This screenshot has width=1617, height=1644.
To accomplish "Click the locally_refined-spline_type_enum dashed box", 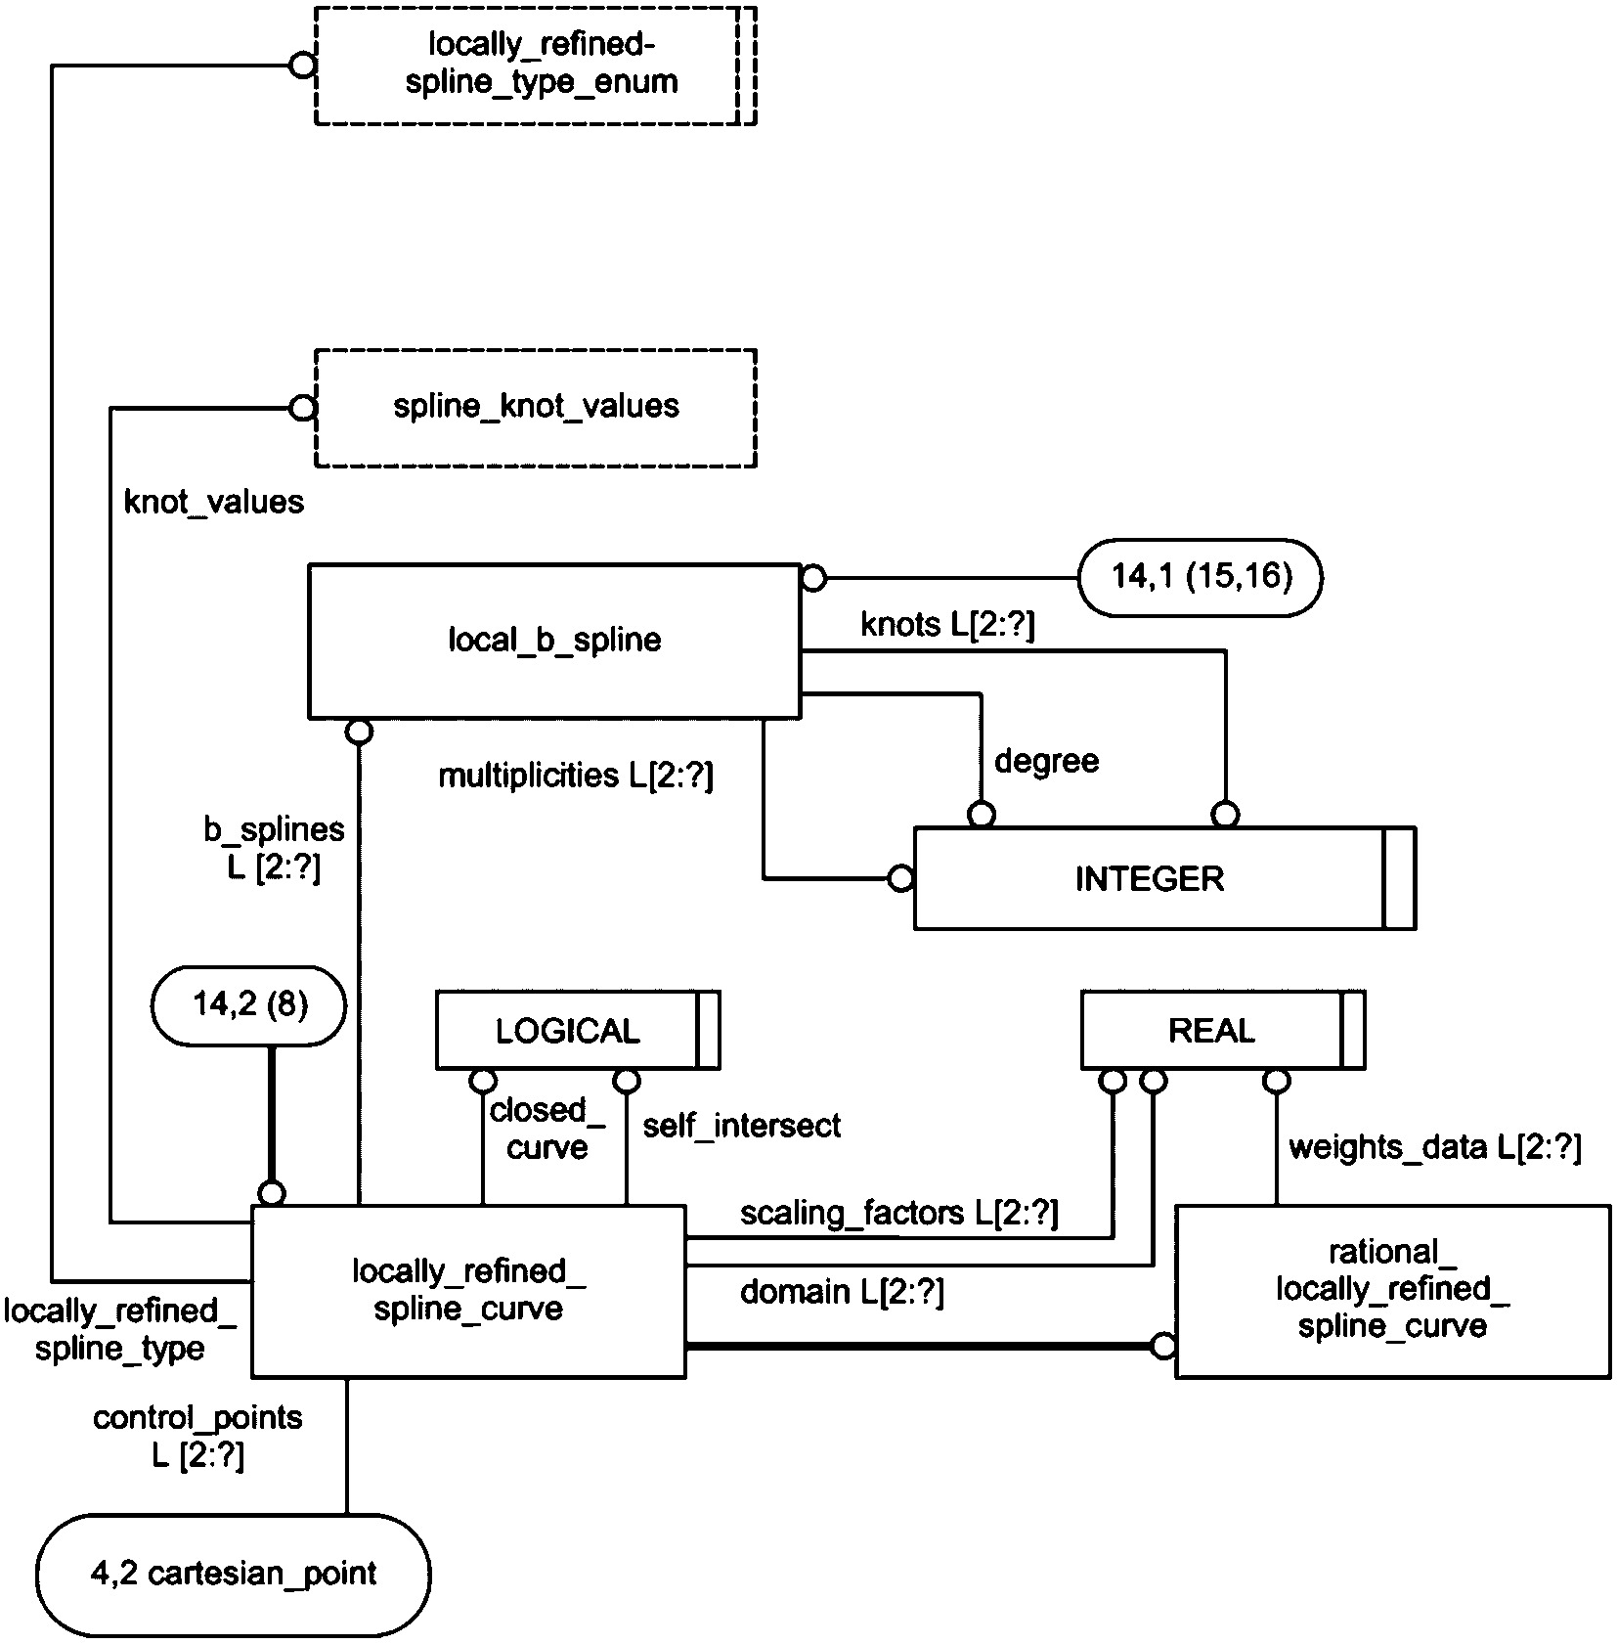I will (535, 66).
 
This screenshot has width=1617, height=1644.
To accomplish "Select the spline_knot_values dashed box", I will (535, 407).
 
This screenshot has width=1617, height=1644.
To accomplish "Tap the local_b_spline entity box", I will (554, 641).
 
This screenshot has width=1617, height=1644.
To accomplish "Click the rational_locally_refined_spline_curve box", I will (1392, 1291).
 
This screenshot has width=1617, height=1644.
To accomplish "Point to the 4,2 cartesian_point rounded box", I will (234, 1574).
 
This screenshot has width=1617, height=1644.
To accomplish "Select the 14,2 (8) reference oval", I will (249, 1005).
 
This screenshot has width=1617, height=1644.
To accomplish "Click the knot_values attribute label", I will (214, 503).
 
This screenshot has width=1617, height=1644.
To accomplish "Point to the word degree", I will (1046, 761).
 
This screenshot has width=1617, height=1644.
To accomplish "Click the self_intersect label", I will (741, 1127).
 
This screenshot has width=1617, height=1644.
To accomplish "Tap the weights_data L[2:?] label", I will (1434, 1147).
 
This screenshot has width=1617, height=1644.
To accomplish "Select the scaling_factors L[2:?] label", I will (898, 1214).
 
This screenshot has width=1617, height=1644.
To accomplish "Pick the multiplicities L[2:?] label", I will (576, 777).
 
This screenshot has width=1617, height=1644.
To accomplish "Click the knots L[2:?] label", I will (947, 625).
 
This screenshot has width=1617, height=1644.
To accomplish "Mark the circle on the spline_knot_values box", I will (303, 407).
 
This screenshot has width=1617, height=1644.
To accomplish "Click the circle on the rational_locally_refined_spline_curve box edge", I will (1162, 1347).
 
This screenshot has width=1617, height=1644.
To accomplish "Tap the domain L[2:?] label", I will (842, 1293).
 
